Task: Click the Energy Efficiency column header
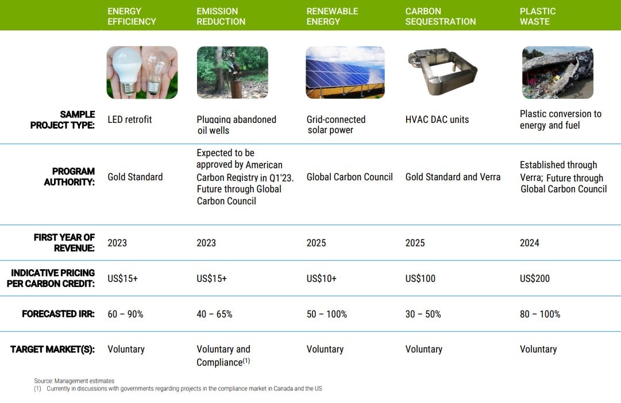pyautogui.click(x=132, y=16)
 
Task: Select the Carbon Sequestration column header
pyautogui.click(x=441, y=16)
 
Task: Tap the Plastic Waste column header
pyautogui.click(x=538, y=16)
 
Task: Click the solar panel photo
pyautogui.click(x=345, y=72)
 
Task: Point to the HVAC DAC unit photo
pyautogui.click(x=442, y=72)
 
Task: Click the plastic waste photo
pyautogui.click(x=558, y=72)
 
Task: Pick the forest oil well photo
pyautogui.click(x=233, y=72)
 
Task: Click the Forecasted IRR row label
pyautogui.click(x=58, y=314)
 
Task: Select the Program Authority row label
pyautogui.click(x=70, y=177)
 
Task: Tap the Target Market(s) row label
pyautogui.click(x=52, y=349)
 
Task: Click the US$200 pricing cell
pyautogui.click(x=535, y=278)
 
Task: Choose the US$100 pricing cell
pyautogui.click(x=420, y=278)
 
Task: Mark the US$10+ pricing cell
pyautogui.click(x=321, y=278)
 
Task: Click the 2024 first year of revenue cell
pyautogui.click(x=530, y=243)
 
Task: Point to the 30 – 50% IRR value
pyautogui.click(x=423, y=314)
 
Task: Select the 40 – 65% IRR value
pyautogui.click(x=214, y=314)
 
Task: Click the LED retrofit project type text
pyautogui.click(x=129, y=119)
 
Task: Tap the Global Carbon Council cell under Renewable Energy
pyautogui.click(x=349, y=177)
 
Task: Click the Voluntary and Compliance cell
pyautogui.click(x=223, y=355)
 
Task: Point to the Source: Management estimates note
pyautogui.click(x=74, y=381)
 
